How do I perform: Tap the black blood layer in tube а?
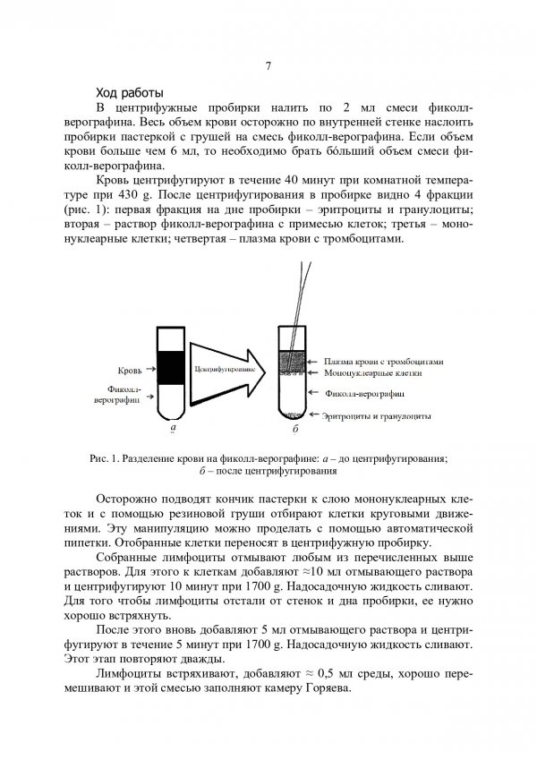coord(171,363)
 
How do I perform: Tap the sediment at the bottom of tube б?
coord(292,414)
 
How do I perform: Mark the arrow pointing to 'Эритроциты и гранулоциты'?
coord(312,415)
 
